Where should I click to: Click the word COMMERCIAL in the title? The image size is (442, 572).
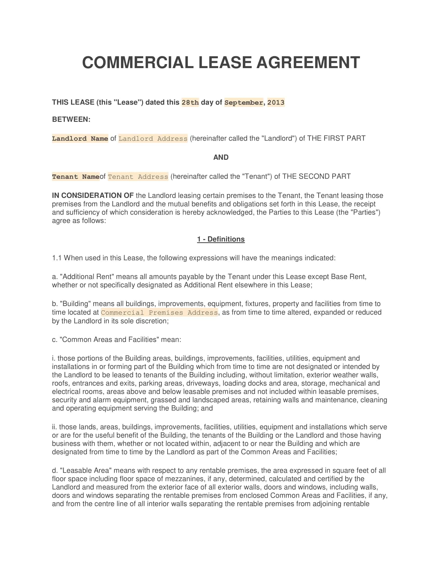click(138, 63)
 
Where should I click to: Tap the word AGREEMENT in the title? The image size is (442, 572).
click(308, 63)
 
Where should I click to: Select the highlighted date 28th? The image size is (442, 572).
click(190, 102)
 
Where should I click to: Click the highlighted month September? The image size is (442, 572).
click(244, 102)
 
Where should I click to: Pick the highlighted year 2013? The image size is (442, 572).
click(276, 102)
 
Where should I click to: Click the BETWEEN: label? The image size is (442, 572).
click(71, 119)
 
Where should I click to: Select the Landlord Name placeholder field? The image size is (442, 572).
click(80, 139)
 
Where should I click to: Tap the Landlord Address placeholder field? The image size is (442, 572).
click(153, 139)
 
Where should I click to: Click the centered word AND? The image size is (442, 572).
click(221, 157)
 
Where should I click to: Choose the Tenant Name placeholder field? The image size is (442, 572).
click(76, 177)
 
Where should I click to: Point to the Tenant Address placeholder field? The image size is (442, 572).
click(138, 177)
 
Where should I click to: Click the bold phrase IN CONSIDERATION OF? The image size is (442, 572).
click(93, 195)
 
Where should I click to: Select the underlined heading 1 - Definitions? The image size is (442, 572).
click(221, 239)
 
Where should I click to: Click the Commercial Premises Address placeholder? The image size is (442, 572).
click(159, 313)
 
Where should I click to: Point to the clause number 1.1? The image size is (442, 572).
click(57, 258)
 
